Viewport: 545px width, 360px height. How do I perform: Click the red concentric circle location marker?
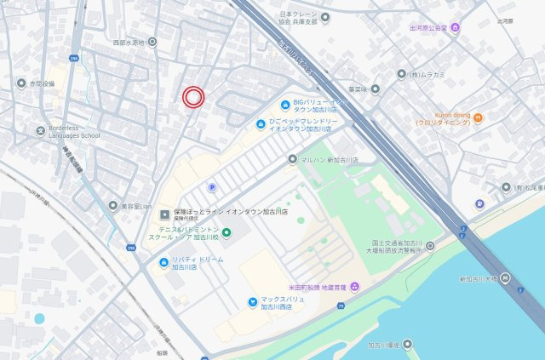click(193, 97)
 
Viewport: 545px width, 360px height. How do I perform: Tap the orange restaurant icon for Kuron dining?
click(478, 117)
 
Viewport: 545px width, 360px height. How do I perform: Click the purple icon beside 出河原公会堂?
click(456, 27)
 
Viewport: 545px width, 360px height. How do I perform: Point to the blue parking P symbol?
click(212, 187)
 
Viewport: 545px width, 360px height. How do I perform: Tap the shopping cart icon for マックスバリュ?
click(253, 302)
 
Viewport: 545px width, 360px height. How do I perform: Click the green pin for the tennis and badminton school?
click(227, 233)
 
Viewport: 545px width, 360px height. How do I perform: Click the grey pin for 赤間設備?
click(21, 83)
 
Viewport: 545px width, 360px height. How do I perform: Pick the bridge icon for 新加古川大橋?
click(505, 278)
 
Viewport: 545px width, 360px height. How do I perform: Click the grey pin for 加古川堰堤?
click(406, 345)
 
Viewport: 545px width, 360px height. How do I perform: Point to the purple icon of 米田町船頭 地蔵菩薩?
click(354, 286)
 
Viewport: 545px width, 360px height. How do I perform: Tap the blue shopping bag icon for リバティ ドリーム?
click(162, 262)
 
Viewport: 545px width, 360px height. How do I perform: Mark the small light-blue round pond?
click(39, 318)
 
